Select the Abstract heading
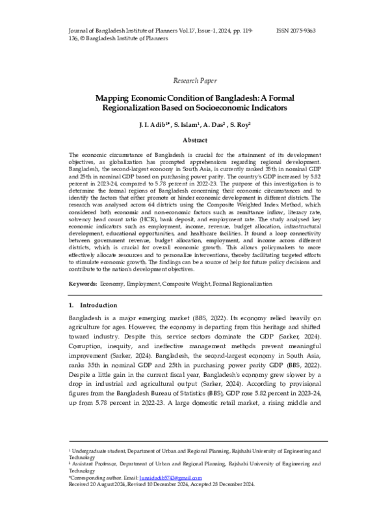point(194,140)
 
